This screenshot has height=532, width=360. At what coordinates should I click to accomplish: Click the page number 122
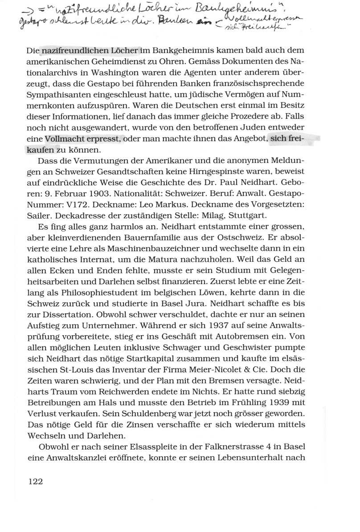click(x=35, y=481)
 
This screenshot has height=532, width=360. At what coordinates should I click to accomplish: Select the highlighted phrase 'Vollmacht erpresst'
click(x=83, y=139)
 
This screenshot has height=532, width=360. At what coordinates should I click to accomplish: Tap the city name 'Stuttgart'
click(x=246, y=214)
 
